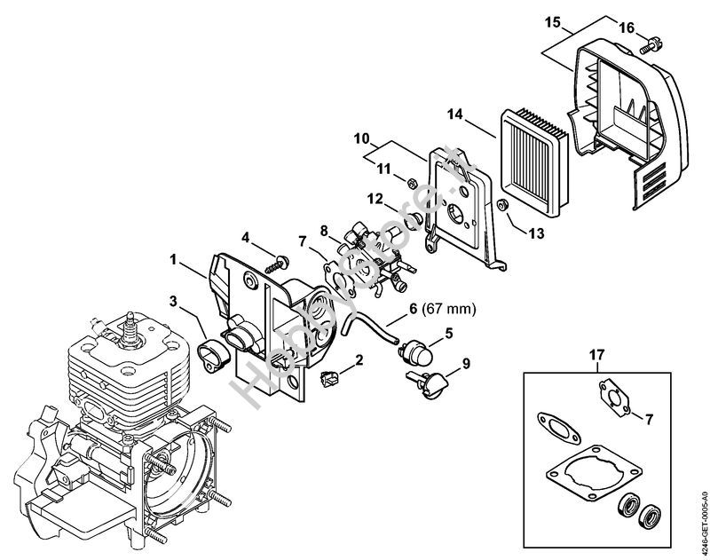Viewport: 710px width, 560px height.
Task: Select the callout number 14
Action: pos(455,113)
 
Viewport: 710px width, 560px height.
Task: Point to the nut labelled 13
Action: pos(501,206)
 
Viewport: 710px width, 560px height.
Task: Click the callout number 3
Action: pos(176,303)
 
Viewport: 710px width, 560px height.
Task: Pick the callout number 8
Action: pos(325,231)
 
